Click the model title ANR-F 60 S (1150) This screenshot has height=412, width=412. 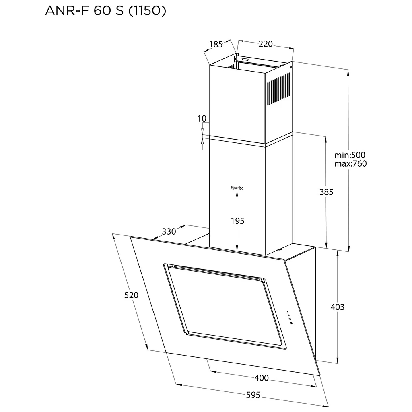105,11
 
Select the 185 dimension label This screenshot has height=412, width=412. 216,45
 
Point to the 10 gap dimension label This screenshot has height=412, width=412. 202,118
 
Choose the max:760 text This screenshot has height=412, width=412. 350,164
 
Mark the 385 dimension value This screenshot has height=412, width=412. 326,192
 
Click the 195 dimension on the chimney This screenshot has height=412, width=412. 237,220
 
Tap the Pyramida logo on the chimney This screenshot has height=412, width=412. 237,187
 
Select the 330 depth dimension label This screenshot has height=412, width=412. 169,231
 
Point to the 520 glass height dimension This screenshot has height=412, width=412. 131,295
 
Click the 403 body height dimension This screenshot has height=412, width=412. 337,307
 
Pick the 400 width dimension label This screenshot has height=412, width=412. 262,378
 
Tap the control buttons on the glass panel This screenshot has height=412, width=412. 289,317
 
